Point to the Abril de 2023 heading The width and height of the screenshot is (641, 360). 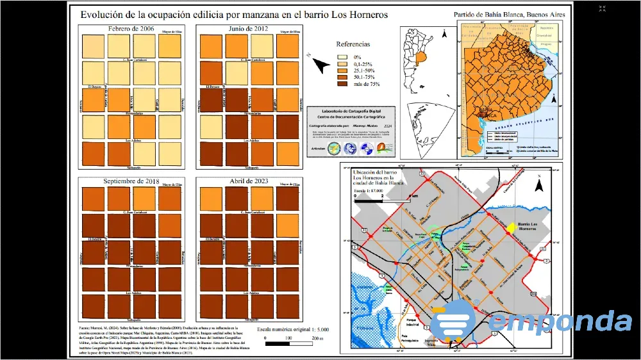(243, 182)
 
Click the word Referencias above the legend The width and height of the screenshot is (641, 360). (353, 44)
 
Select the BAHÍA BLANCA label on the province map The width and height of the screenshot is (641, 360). (487, 114)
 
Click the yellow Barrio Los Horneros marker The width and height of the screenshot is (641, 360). (512, 227)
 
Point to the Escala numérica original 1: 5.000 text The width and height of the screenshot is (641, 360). (292, 329)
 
